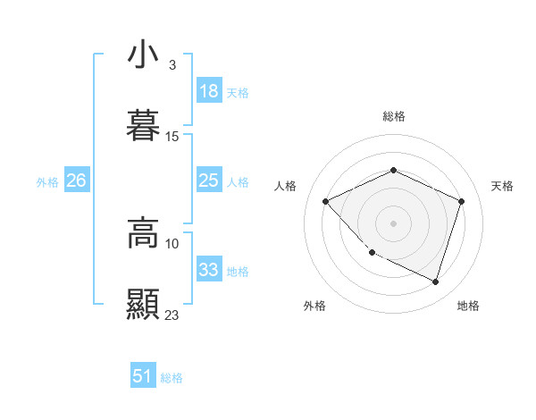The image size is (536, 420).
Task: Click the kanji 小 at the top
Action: (x=143, y=55)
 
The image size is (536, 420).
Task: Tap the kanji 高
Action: (x=143, y=232)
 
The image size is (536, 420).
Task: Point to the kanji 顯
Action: (x=143, y=304)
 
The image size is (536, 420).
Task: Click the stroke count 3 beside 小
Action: (x=172, y=65)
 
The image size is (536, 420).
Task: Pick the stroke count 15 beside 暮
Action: (x=172, y=137)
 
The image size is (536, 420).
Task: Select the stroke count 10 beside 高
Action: (x=172, y=243)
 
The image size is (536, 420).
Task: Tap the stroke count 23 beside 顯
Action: (x=172, y=315)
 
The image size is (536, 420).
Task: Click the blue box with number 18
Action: (x=208, y=91)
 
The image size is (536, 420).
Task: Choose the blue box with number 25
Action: (x=208, y=181)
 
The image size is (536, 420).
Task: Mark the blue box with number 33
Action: (x=208, y=270)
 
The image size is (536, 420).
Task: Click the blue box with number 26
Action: (x=76, y=181)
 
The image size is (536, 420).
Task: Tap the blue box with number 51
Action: (x=142, y=376)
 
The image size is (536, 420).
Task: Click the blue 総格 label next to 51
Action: (x=172, y=378)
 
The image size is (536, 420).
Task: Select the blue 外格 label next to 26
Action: (x=47, y=182)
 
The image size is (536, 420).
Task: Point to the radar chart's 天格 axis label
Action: (x=502, y=186)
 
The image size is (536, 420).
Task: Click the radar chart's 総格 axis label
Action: (x=393, y=116)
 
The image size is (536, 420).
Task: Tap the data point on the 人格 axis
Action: (x=326, y=201)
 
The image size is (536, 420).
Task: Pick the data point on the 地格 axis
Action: (x=435, y=281)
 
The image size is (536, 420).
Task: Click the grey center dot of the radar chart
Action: (x=393, y=223)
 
